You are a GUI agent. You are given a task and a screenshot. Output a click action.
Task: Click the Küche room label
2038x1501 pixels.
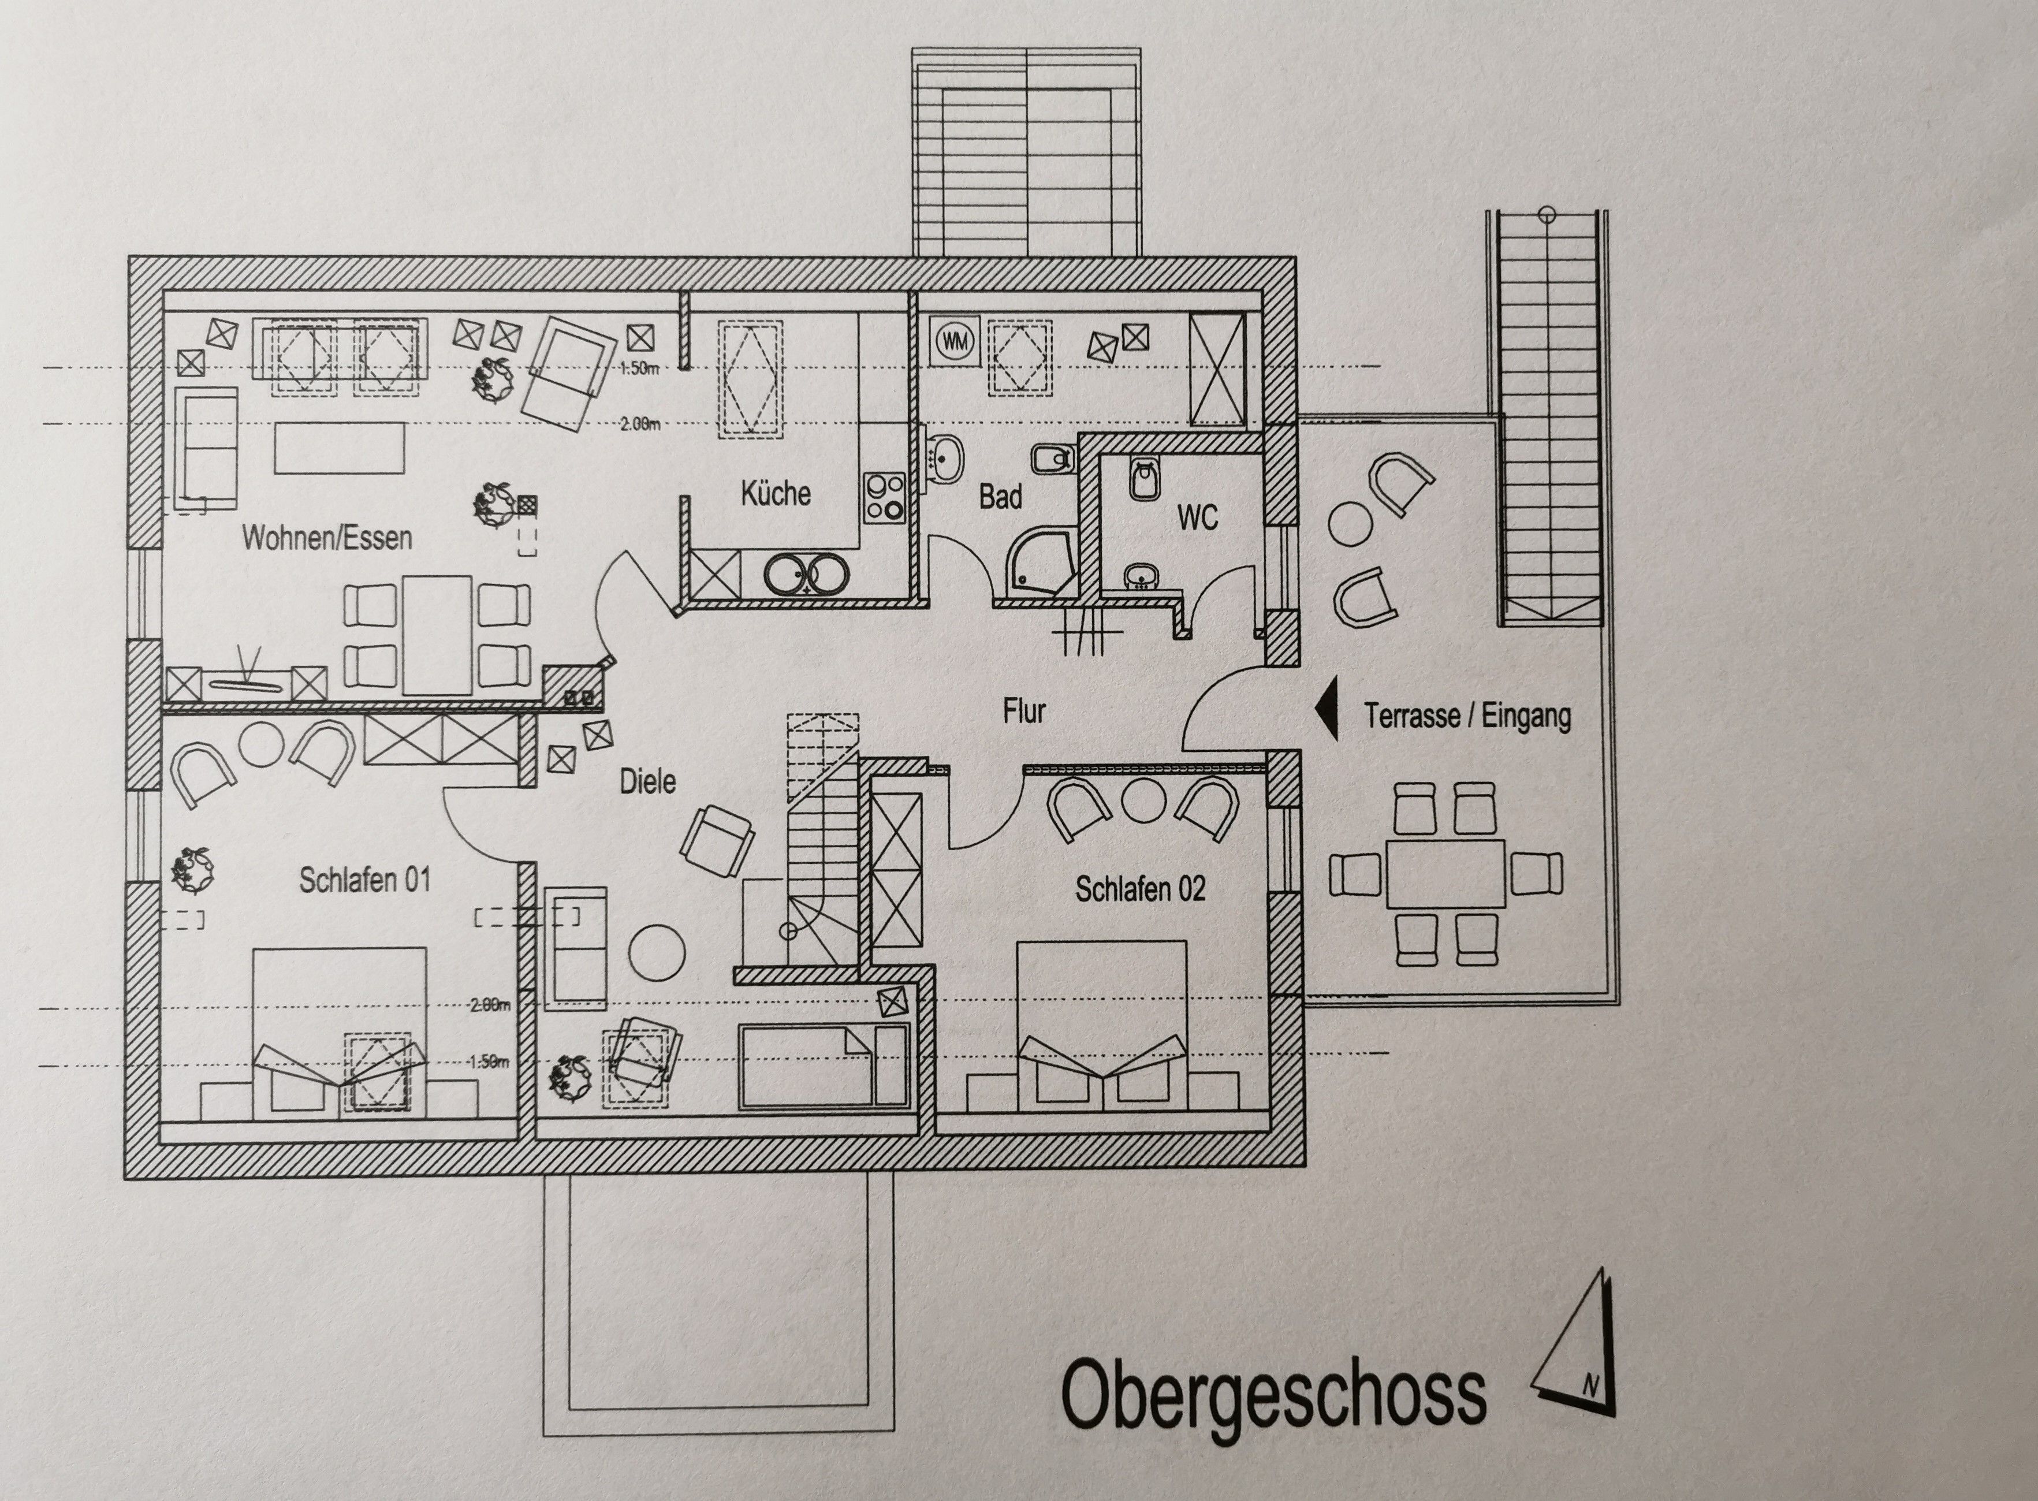[x=775, y=493]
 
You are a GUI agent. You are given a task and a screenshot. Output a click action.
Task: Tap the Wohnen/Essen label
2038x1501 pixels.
[x=327, y=537]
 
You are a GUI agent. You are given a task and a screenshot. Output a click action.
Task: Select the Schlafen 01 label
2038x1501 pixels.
[x=364, y=880]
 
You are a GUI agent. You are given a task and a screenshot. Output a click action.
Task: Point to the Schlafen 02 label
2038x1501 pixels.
[x=1141, y=889]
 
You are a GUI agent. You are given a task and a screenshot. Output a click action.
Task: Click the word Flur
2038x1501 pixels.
[x=1024, y=710]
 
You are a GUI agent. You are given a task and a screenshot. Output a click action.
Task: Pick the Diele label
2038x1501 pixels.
[x=648, y=781]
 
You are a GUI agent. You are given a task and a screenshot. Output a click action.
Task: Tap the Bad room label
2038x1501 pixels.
[x=1000, y=497]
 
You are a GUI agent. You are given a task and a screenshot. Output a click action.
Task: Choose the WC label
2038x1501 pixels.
[x=1198, y=518]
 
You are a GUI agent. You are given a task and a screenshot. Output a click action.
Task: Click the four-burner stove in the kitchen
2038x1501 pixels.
[x=884, y=498]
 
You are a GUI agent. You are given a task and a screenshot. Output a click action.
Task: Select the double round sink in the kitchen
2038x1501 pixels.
[x=807, y=574]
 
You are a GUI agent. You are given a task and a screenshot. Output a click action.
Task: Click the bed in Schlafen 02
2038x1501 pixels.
[x=1101, y=1025]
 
